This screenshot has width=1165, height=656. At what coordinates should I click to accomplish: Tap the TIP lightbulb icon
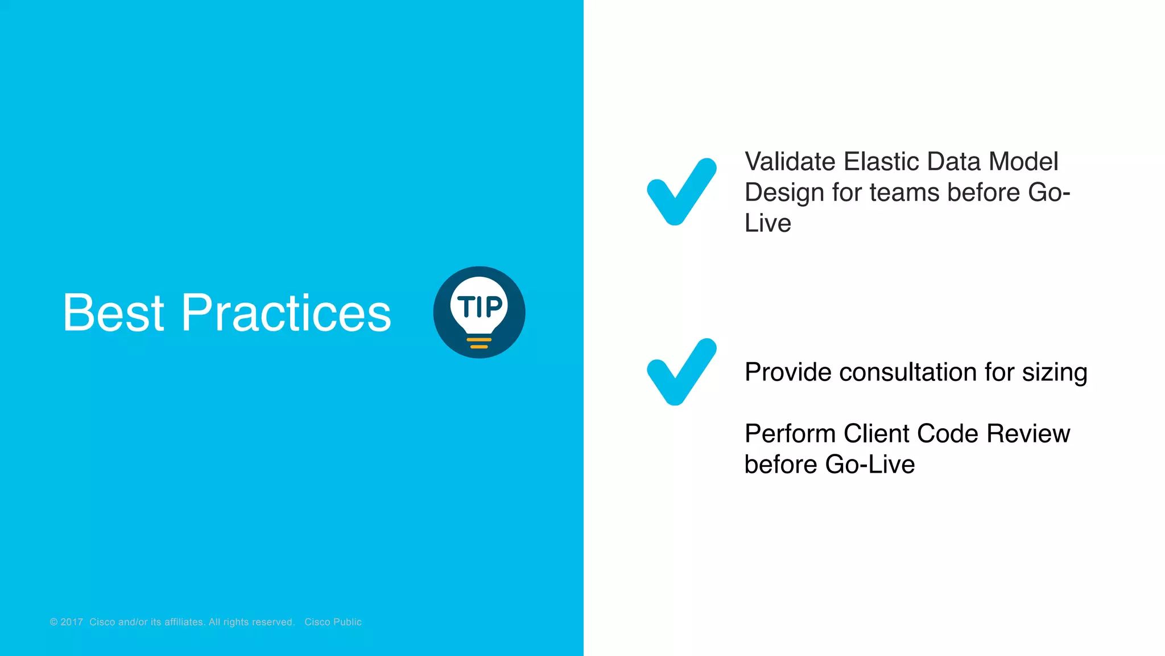[x=479, y=312]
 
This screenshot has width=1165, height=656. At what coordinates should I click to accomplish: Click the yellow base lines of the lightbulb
[x=479, y=343]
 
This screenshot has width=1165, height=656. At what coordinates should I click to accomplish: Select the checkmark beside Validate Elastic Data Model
[x=681, y=191]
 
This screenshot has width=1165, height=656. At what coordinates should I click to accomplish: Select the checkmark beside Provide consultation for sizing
[x=681, y=371]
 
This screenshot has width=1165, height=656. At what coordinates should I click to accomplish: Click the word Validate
[x=790, y=162]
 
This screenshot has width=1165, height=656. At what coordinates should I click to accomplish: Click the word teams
[x=905, y=192]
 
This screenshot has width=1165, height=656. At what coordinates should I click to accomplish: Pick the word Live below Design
[x=767, y=223]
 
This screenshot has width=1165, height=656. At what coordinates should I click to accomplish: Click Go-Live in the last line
[x=870, y=465]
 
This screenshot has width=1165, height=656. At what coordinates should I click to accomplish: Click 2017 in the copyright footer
[x=72, y=622]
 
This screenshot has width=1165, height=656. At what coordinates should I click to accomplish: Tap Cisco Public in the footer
[x=333, y=622]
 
